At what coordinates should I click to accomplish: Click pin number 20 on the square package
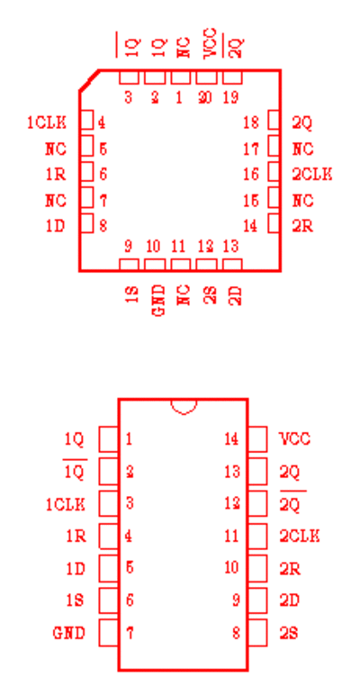204,98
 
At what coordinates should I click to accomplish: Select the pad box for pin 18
274,120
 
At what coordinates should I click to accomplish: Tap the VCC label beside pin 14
294,438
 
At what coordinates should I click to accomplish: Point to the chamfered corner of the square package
89,80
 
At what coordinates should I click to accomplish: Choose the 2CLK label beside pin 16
312,175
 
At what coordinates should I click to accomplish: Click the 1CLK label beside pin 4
47,123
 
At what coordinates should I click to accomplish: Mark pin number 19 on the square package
230,98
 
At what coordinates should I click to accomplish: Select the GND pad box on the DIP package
109,633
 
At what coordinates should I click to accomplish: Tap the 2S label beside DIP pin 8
289,633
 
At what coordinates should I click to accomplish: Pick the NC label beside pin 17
302,149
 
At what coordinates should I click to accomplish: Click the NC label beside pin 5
56,149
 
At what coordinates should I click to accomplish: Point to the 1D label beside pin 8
56,226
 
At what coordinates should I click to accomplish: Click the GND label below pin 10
159,301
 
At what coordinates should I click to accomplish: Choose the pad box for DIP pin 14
257,438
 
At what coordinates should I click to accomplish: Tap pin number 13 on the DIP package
232,472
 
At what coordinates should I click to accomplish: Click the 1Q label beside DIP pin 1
75,438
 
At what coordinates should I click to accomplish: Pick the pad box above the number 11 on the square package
181,265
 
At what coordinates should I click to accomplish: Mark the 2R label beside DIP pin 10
290,568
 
